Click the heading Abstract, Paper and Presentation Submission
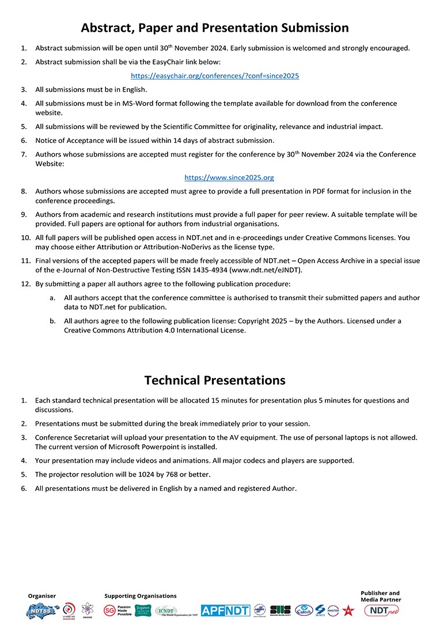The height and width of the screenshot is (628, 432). click(x=215, y=28)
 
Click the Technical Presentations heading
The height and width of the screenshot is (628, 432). click(x=215, y=380)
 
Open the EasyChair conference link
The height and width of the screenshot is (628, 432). click(x=215, y=75)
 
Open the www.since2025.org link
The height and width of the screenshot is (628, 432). click(x=229, y=177)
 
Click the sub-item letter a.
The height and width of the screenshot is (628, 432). click(x=52, y=298)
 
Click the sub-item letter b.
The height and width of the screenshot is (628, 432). click(x=52, y=321)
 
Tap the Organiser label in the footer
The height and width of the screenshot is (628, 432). click(x=42, y=596)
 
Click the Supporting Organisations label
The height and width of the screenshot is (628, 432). click(x=141, y=596)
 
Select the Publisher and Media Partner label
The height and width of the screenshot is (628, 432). click(x=381, y=596)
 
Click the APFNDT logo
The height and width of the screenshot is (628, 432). click(x=225, y=611)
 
